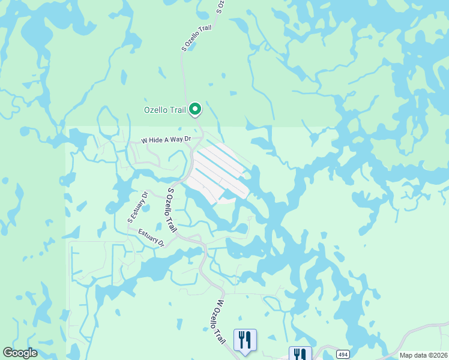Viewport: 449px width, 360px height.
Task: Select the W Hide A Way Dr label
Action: pyautogui.click(x=166, y=140)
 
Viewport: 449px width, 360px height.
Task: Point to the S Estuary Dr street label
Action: pyautogui.click(x=137, y=207)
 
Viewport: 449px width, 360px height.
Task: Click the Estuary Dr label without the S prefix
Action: pyautogui.click(x=151, y=238)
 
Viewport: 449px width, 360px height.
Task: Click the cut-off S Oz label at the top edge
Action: pyautogui.click(x=220, y=7)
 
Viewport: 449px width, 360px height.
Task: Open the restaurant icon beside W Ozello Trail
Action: pyautogui.click(x=245, y=340)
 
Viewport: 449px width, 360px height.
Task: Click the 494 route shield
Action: pyautogui.click(x=342, y=353)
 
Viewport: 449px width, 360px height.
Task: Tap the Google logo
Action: pyautogui.click(x=20, y=353)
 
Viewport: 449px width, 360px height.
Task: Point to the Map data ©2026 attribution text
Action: pyautogui.click(x=423, y=355)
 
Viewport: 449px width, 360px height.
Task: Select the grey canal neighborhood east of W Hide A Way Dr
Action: pyautogui.click(x=219, y=171)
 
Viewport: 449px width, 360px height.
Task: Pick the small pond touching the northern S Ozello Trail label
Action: pyautogui.click(x=192, y=47)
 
